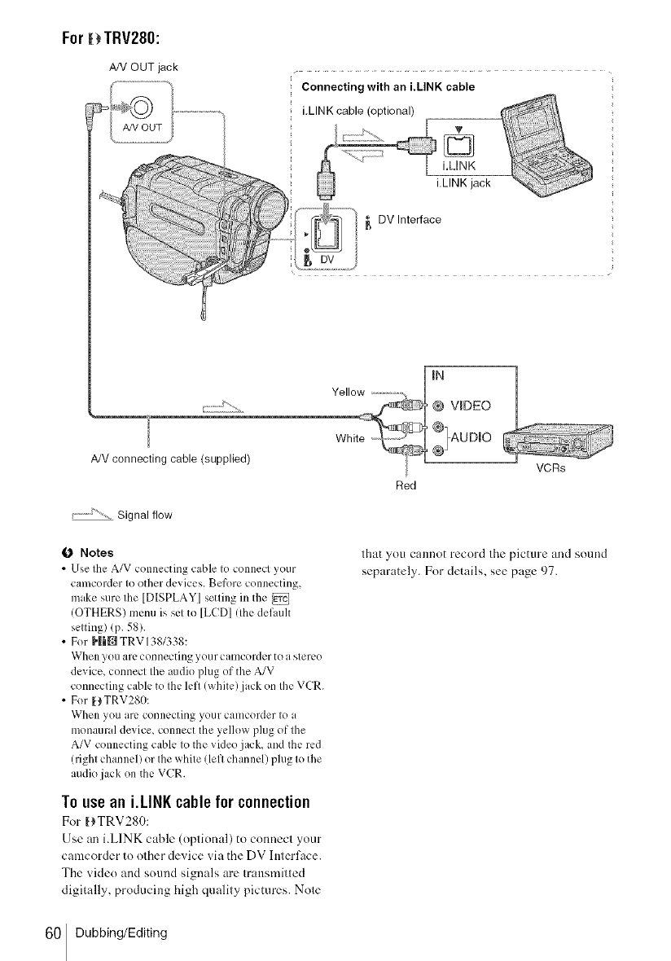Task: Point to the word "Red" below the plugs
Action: click(405, 486)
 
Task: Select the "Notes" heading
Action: click(96, 552)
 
